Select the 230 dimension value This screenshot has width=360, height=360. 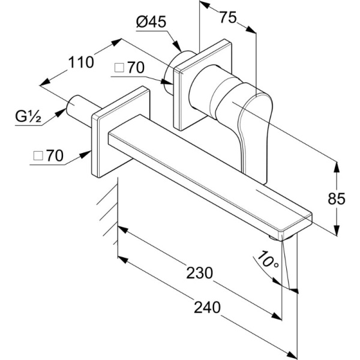(200, 272)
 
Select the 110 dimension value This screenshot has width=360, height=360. (81, 61)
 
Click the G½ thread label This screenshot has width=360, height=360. (28, 117)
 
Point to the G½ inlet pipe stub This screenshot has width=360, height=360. (78, 107)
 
